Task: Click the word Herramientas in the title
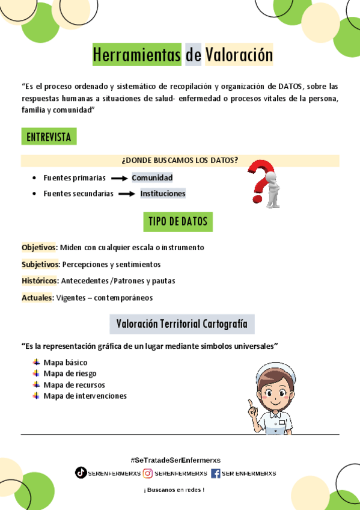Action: pos(136,55)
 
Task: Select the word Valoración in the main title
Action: pos(239,55)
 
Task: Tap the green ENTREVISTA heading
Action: pos(49,137)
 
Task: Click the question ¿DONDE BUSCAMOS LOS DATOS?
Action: pos(180,160)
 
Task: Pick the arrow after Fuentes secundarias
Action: pos(127,194)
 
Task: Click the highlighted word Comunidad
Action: pos(152,177)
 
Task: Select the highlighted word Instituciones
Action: pos(163,193)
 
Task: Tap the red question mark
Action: pos(259,180)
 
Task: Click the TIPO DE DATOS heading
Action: pos(178,221)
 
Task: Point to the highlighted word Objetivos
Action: pos(39,247)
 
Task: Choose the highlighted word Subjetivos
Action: pos(40,264)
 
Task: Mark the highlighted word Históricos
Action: pos(40,280)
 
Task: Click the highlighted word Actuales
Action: pos(37,297)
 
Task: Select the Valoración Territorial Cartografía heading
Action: pos(182,324)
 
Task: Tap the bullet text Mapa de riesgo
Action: pos(70,373)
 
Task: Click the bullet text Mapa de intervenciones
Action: pos(85,396)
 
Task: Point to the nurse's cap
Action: pos(276,370)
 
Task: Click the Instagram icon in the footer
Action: pos(148,473)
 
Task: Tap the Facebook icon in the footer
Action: pos(216,473)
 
